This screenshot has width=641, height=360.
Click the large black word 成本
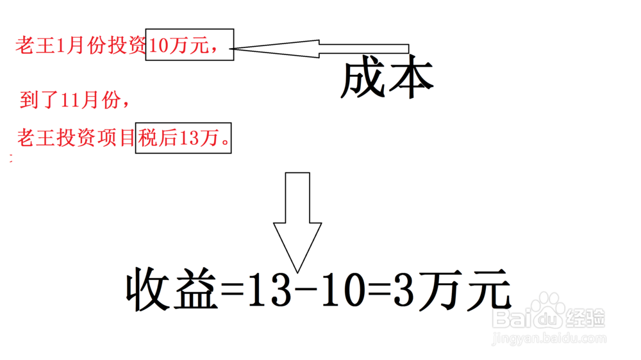coord(387,80)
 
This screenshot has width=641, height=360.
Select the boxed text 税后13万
coord(183,138)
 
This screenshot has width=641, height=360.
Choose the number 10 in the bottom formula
coord(340,291)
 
